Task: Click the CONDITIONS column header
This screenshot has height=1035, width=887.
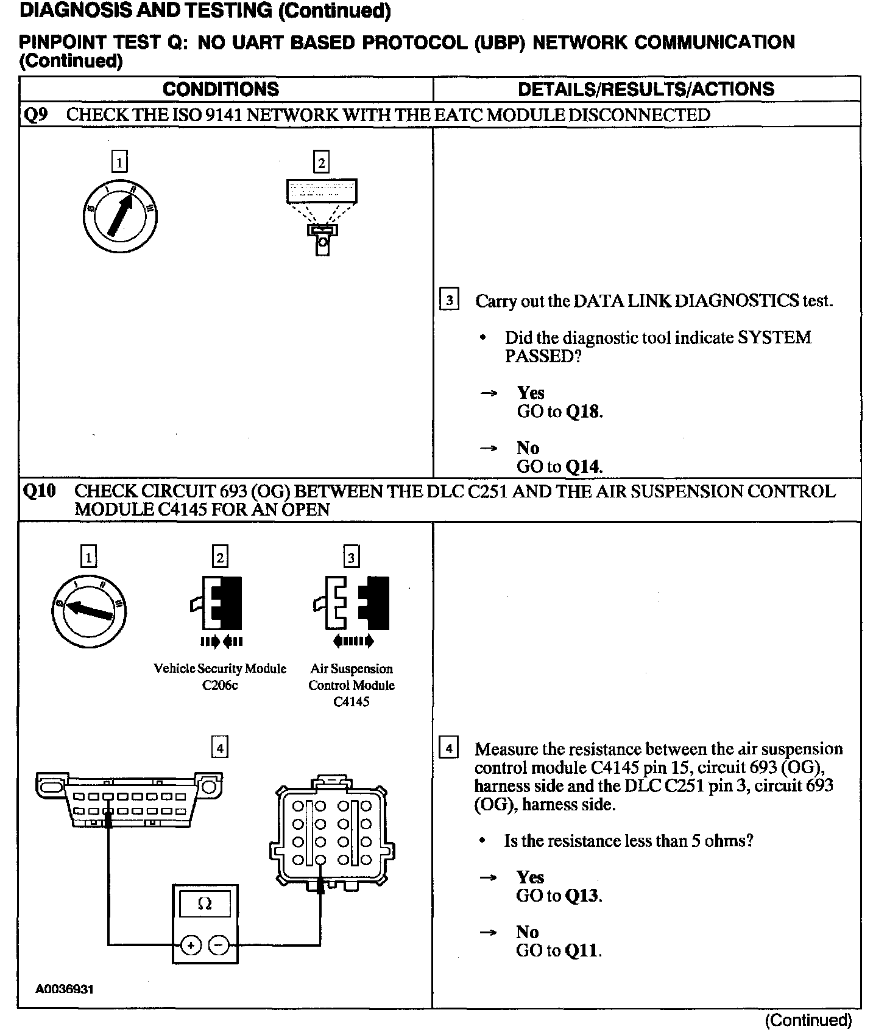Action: click(221, 89)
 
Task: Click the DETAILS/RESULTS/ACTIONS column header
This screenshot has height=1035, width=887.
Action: click(646, 89)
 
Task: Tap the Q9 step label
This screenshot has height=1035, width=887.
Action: click(35, 115)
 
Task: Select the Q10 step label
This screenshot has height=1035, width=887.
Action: click(38, 491)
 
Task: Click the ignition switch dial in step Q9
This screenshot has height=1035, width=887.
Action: click(120, 216)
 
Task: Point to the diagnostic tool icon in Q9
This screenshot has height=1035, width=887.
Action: click(322, 216)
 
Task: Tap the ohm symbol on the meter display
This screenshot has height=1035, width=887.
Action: click(205, 904)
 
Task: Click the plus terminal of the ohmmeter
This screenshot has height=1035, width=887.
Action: click(191, 946)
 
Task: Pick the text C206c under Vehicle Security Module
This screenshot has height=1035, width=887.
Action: click(220, 686)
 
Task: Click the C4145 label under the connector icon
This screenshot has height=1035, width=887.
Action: click(352, 702)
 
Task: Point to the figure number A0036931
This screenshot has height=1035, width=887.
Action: click(65, 990)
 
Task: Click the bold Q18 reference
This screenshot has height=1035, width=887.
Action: click(582, 412)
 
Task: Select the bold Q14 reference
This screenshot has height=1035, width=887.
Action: click(582, 467)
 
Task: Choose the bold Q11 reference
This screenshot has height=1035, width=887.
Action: click(582, 950)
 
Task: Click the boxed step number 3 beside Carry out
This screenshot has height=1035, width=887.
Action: click(449, 300)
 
